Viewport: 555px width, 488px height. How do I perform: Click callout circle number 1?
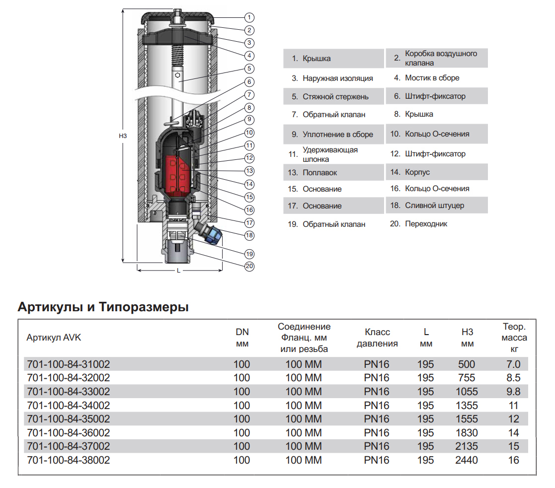[x=250, y=17]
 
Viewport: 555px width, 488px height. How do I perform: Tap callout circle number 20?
[x=249, y=267]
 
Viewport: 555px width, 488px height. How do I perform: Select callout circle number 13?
[x=249, y=171]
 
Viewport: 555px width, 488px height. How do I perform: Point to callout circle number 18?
[x=249, y=234]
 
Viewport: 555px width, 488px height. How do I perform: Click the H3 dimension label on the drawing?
[x=123, y=135]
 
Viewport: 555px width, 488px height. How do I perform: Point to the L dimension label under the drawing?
[x=178, y=271]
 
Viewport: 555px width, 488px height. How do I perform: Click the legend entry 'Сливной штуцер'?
[x=434, y=206]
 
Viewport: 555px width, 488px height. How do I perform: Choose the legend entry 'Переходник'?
[x=426, y=224]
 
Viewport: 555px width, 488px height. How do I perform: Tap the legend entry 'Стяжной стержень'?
[x=335, y=96]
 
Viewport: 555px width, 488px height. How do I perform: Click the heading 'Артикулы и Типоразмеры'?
[x=103, y=307]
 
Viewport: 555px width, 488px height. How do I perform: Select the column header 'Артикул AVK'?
[x=53, y=338]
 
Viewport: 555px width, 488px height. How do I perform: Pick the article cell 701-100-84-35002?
[x=68, y=419]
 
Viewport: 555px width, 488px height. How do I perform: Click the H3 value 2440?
[x=467, y=460]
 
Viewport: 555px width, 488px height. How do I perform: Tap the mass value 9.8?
[x=514, y=392]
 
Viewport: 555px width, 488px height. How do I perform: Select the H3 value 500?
[x=467, y=364]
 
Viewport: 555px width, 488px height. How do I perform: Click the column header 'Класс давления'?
[x=377, y=338]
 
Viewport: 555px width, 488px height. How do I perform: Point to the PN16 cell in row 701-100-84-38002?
[x=377, y=460]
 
